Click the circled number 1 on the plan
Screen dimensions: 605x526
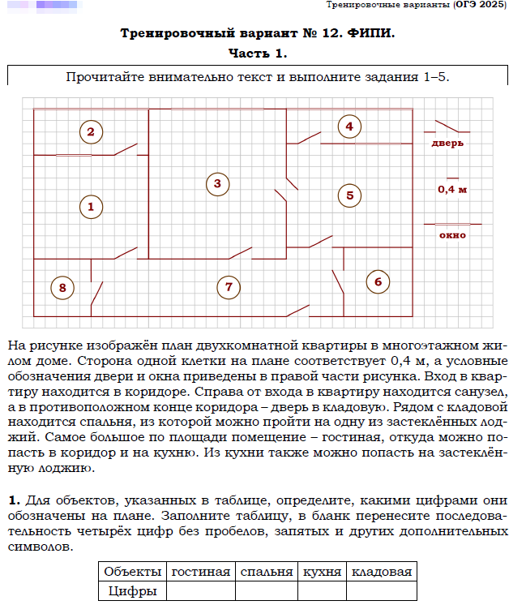[x=91, y=206]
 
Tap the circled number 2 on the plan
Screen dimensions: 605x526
[x=91, y=131]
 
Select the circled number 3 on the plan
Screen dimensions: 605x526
[x=217, y=183]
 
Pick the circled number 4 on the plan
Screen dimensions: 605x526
[x=349, y=127]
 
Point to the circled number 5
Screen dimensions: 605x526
[x=349, y=195]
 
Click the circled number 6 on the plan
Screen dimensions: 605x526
[x=377, y=281]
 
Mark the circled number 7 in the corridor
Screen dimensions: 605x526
[x=229, y=286]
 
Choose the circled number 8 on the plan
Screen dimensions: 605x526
[x=62, y=286]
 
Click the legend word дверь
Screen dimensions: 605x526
[x=447, y=144]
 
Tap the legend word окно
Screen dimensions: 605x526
[x=452, y=235]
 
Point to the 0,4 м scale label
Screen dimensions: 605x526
[x=452, y=189]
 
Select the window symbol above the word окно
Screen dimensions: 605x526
[x=452, y=224]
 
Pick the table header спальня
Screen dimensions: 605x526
[x=266, y=572]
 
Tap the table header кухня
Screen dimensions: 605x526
[x=321, y=572]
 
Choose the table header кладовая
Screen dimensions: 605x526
[x=381, y=572]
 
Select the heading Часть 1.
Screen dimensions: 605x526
[x=258, y=54]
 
